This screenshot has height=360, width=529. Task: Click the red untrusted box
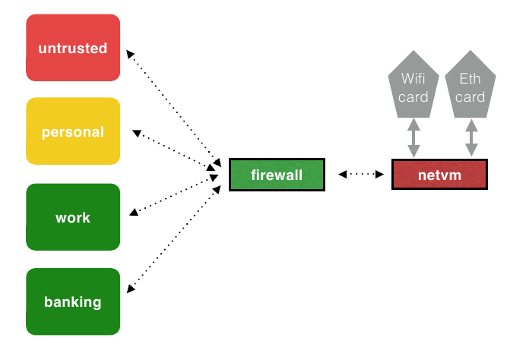tap(73, 48)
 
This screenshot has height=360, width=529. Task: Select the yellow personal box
tap(73, 131)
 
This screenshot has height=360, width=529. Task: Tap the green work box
tap(73, 217)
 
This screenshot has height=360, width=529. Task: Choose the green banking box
tap(73, 302)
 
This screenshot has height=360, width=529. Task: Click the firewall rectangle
tap(277, 175)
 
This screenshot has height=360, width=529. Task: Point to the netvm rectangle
tap(439, 175)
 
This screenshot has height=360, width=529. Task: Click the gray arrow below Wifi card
tap(413, 137)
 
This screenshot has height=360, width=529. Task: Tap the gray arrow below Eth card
tap(471, 137)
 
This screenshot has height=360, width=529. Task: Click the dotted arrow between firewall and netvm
tap(361, 174)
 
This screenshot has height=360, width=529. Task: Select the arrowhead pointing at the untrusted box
tap(130, 54)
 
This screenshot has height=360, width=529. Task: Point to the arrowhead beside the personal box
tap(137, 133)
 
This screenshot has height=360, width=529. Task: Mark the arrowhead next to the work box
tap(134, 212)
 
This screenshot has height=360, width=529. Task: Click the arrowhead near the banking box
tap(131, 289)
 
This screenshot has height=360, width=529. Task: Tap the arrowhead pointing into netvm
tap(379, 174)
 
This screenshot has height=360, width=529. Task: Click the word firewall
tap(277, 175)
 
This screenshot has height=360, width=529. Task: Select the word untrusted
tap(73, 48)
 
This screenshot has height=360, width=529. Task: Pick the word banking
tap(73, 302)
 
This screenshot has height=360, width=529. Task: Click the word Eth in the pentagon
tap(470, 79)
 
